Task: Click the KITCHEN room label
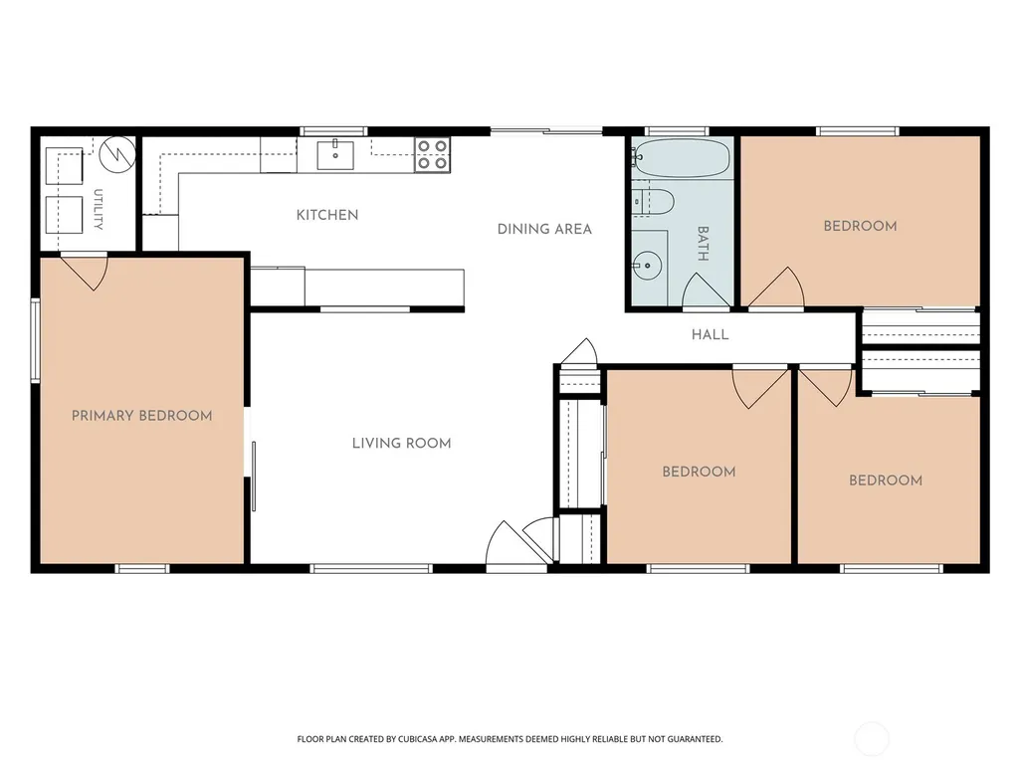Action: [x=327, y=215]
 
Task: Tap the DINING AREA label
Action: [x=544, y=229]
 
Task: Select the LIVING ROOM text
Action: [x=401, y=443]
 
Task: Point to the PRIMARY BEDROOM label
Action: [x=142, y=416]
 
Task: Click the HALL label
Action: [x=710, y=334]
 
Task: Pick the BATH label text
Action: [x=703, y=244]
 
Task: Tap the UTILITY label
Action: [x=99, y=210]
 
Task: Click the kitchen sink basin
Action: [x=335, y=155]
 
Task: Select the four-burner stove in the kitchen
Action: [x=432, y=155]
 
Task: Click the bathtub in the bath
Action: [x=682, y=158]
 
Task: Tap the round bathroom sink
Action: [x=647, y=266]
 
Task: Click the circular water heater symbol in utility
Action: [x=117, y=154]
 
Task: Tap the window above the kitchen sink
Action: [x=333, y=131]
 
